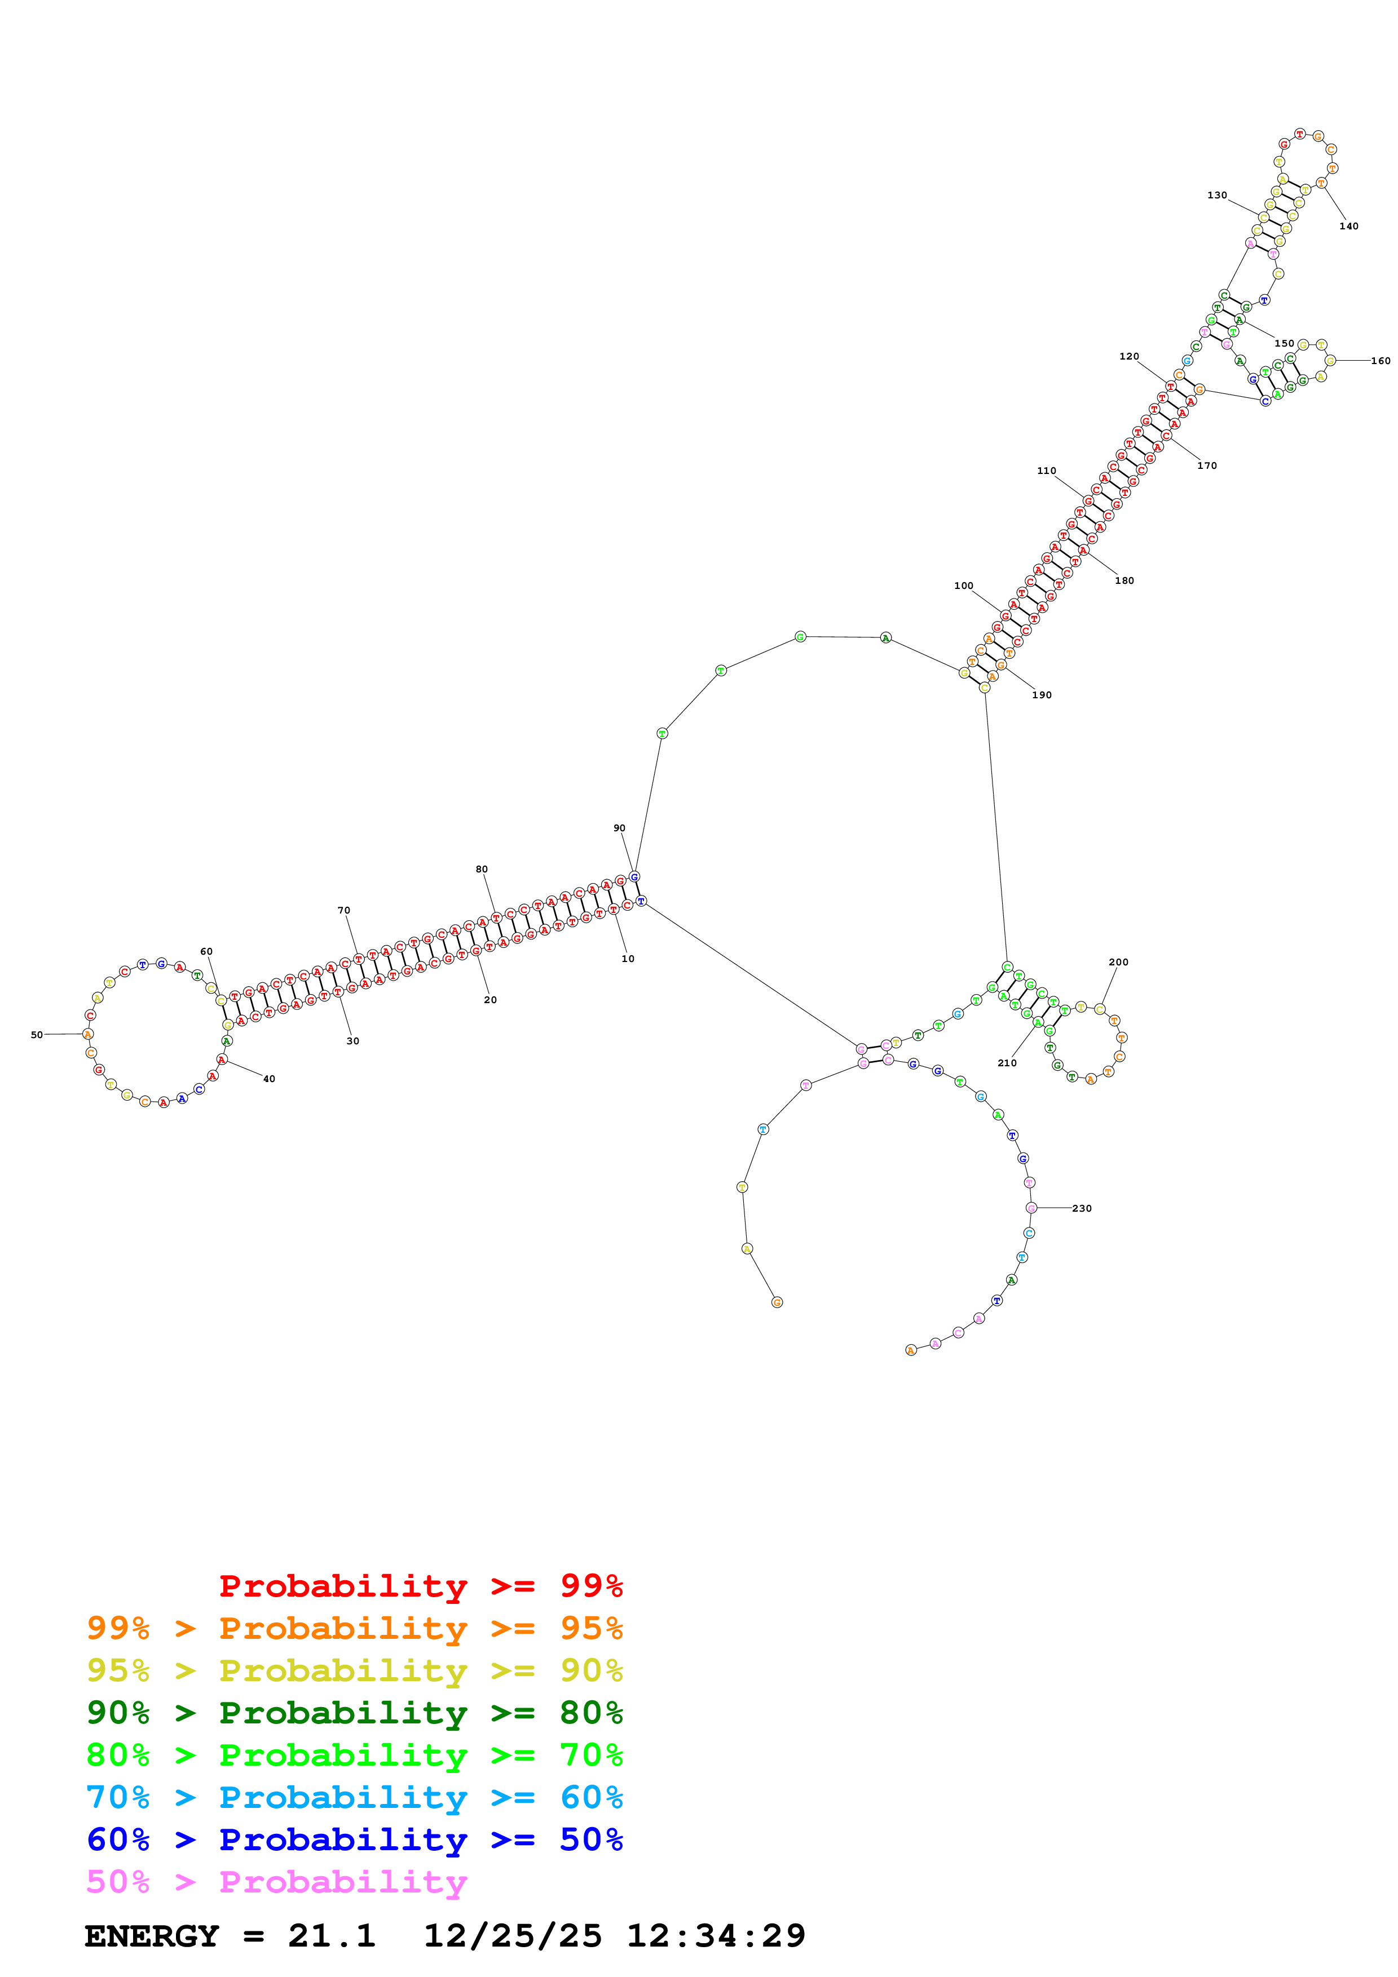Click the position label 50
(x=36, y=1035)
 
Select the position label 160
(x=1380, y=361)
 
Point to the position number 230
(x=1081, y=1208)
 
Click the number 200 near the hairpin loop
(x=1118, y=962)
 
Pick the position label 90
(x=619, y=828)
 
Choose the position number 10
(x=628, y=959)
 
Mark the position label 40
(x=269, y=1079)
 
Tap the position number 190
(x=1042, y=695)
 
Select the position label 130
(x=1216, y=196)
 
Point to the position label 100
(x=963, y=586)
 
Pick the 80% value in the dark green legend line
(x=591, y=1713)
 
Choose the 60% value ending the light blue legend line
(x=591, y=1797)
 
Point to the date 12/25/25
(x=513, y=1936)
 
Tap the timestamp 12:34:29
(x=715, y=1936)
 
